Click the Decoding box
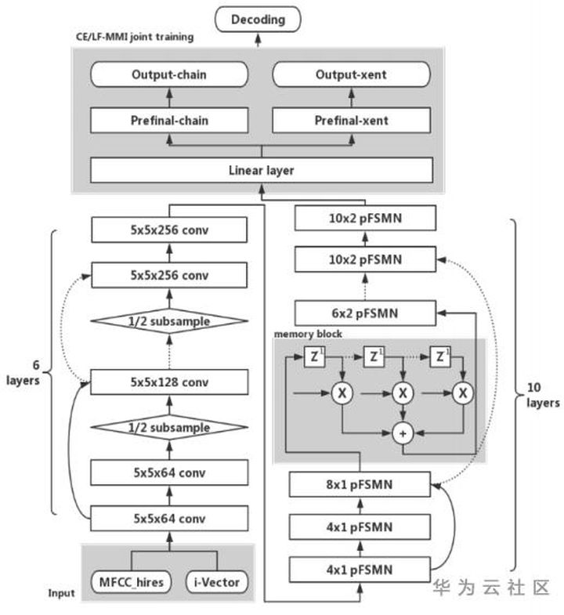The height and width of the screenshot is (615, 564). [x=258, y=20]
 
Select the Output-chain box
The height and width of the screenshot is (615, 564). [x=169, y=74]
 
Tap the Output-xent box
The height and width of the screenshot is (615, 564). [x=351, y=74]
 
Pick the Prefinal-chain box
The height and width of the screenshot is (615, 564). [x=169, y=121]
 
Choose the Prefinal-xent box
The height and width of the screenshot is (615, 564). [x=351, y=121]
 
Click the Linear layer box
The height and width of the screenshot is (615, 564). [x=262, y=170]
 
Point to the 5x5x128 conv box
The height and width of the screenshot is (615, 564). [x=169, y=382]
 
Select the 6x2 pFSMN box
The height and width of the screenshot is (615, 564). [x=365, y=313]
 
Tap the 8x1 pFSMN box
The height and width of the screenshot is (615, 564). [x=360, y=484]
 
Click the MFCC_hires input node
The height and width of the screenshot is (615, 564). [x=132, y=582]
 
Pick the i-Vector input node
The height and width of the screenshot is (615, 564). [x=217, y=582]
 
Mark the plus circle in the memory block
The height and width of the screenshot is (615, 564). [x=403, y=433]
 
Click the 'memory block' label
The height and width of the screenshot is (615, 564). [x=308, y=334]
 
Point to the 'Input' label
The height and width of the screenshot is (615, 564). [x=61, y=593]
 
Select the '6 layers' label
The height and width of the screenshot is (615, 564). [x=23, y=373]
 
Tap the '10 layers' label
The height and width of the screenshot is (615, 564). [x=543, y=395]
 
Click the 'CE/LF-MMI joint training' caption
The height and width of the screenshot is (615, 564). [x=135, y=37]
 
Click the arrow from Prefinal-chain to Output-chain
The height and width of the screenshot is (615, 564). [x=169, y=98]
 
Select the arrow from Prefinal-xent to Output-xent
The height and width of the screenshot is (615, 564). [x=352, y=98]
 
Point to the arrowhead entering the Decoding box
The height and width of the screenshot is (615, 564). [x=258, y=38]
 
